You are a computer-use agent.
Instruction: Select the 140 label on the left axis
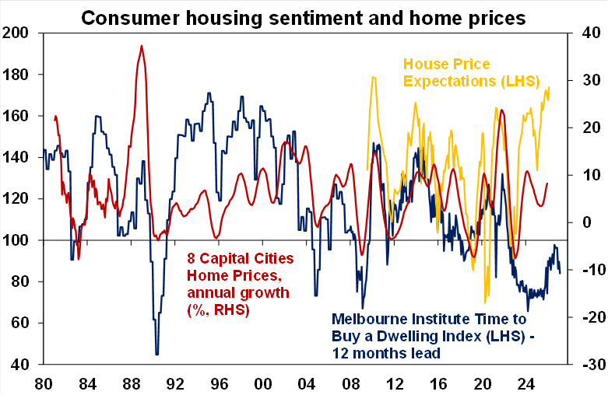[x=17, y=157]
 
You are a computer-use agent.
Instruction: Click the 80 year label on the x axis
[x=44, y=383]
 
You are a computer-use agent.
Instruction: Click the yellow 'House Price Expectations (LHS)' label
[x=465, y=72]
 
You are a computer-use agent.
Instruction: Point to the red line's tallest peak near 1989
[x=142, y=46]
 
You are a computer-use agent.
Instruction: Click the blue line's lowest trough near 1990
[x=157, y=354]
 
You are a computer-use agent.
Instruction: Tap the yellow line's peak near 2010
[x=374, y=77]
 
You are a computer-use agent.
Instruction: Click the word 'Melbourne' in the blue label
[x=371, y=319]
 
